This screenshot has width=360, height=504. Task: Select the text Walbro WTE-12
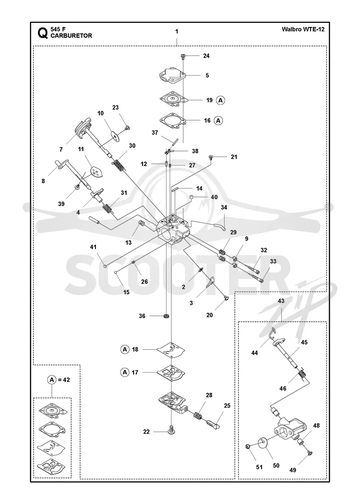[303, 29]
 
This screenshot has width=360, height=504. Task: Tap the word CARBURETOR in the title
[72, 36]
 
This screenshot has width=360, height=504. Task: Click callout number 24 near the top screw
[207, 56]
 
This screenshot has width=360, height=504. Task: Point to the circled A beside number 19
[220, 100]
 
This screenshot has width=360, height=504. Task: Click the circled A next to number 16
[219, 121]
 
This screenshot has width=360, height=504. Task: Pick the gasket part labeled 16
[174, 121]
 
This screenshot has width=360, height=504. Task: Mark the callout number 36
[142, 316]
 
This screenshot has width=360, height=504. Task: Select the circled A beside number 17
[125, 372]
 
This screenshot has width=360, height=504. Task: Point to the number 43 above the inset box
[281, 301]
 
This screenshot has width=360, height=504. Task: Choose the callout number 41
[93, 247]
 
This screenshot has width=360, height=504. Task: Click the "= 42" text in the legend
[63, 380]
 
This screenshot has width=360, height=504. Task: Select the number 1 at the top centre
[177, 31]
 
